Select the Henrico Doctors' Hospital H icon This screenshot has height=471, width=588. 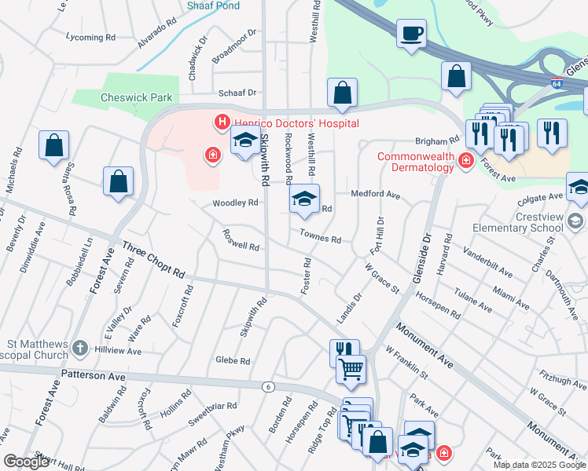(222, 122)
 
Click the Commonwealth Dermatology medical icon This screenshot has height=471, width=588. (465, 161)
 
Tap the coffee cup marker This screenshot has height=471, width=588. (411, 35)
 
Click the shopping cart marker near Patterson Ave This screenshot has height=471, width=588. (351, 367)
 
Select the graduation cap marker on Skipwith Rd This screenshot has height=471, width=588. (244, 142)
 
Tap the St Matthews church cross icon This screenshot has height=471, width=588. (79, 348)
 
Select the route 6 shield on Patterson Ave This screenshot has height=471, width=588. (267, 386)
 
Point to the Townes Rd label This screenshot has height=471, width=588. (320, 236)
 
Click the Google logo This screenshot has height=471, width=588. (25, 462)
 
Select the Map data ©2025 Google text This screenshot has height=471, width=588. (538, 465)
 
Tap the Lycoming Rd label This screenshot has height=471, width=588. (90, 38)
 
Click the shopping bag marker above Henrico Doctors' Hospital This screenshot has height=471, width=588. (342, 93)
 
